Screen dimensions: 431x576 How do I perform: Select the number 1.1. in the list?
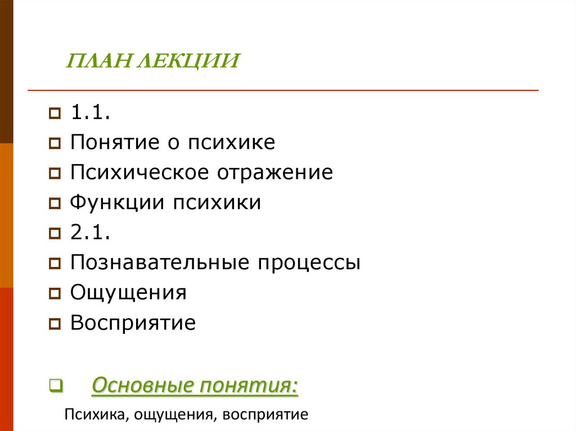[x=89, y=112]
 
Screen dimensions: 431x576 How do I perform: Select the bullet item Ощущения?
[x=128, y=293]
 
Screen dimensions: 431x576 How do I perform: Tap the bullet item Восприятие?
[x=133, y=323]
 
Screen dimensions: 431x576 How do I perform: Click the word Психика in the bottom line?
[x=91, y=415]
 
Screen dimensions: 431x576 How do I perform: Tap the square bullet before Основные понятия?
[x=55, y=387]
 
